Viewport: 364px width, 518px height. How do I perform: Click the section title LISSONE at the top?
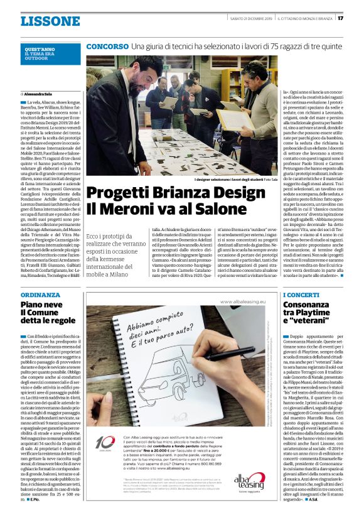(50, 21)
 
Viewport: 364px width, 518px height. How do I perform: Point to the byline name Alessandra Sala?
(42, 93)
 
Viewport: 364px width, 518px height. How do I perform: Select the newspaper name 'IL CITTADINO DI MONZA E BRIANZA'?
(306, 18)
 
